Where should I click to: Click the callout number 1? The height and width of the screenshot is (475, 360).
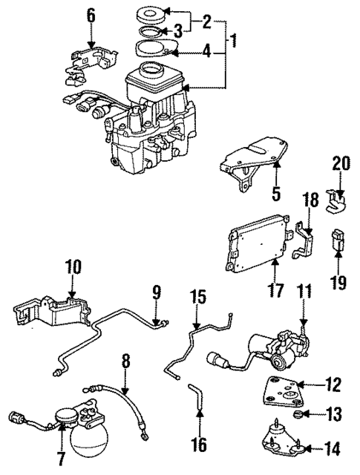234,38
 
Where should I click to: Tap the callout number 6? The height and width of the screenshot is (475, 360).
91,15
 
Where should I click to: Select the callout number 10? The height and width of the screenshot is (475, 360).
72,266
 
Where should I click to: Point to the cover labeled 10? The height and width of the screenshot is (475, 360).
52,312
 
